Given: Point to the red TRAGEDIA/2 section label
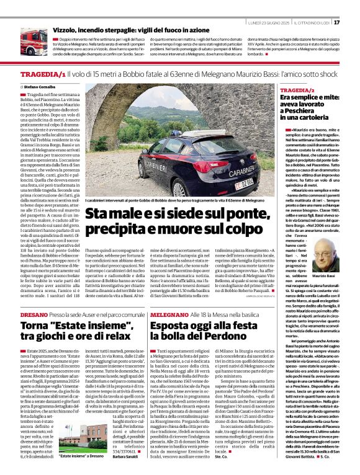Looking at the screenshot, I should coord(298,91).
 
